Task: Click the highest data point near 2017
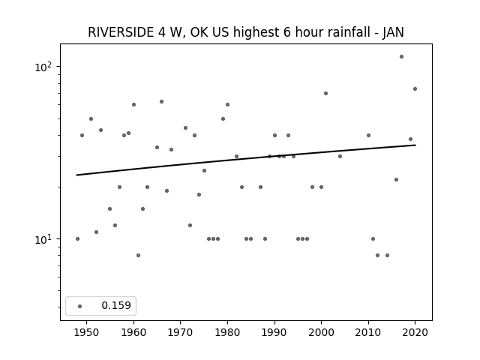click(x=401, y=57)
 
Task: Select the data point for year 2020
click(x=415, y=89)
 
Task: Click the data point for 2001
click(x=325, y=93)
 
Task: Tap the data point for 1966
click(x=162, y=102)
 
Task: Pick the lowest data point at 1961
click(x=138, y=255)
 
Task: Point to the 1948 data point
click(x=77, y=238)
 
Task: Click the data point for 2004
click(x=340, y=157)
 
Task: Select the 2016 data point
click(x=397, y=180)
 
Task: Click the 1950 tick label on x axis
click(x=87, y=332)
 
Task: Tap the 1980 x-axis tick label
click(x=227, y=332)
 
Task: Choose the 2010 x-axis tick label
click(x=368, y=332)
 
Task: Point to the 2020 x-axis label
click(x=415, y=332)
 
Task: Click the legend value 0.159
click(x=116, y=305)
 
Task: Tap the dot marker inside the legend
click(x=80, y=306)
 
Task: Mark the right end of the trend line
click(x=415, y=145)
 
